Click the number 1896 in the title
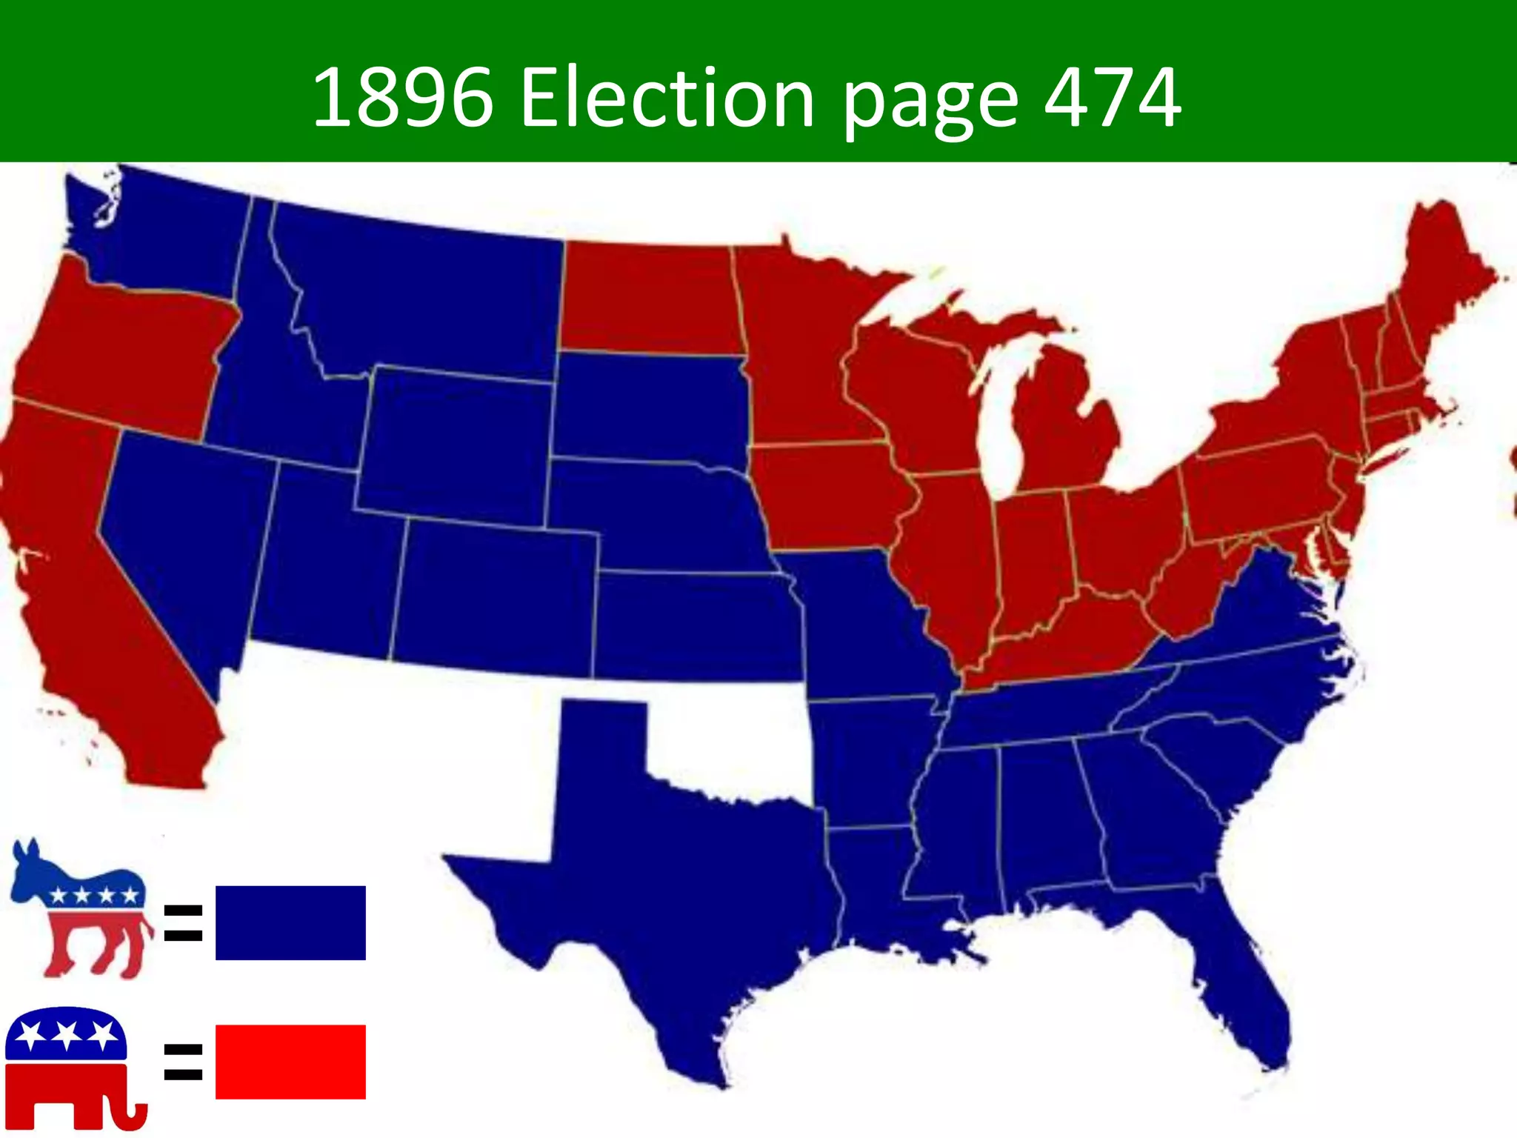(x=402, y=98)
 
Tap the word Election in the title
(x=667, y=98)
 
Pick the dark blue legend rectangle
(x=290, y=922)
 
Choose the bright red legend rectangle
(x=290, y=1061)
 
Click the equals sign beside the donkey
(x=183, y=922)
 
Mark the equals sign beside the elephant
(x=183, y=1061)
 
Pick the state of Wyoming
(x=456, y=445)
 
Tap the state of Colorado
(x=496, y=593)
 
